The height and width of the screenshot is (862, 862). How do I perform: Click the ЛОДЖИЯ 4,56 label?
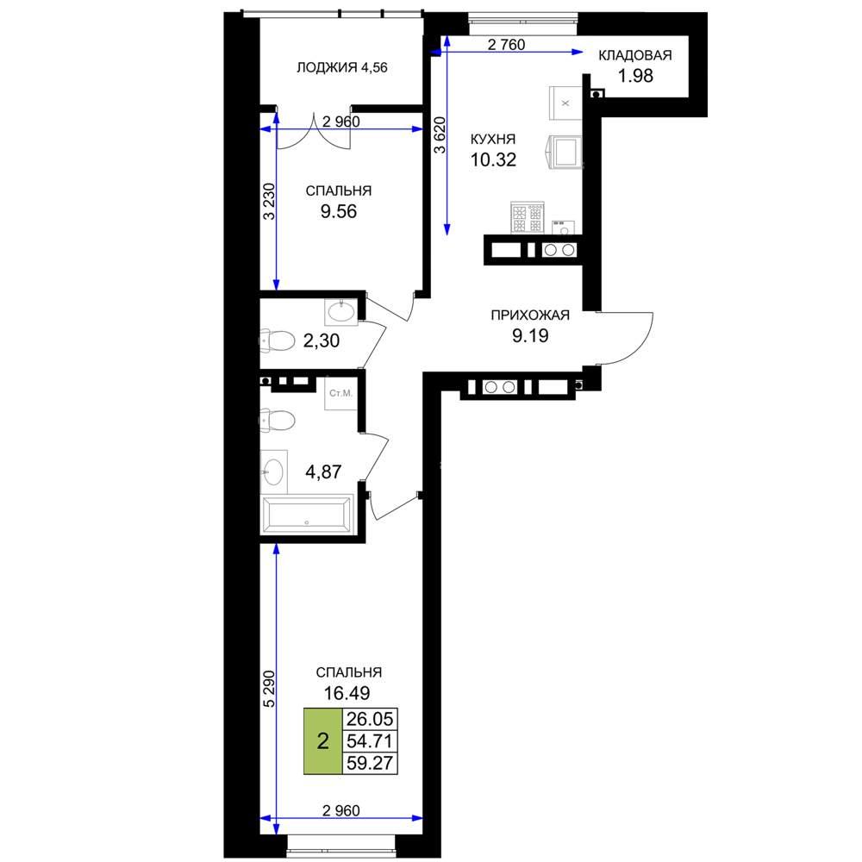[x=342, y=67]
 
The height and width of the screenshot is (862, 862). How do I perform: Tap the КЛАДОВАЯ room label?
[x=635, y=55]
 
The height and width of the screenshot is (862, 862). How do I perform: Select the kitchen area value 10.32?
[x=493, y=159]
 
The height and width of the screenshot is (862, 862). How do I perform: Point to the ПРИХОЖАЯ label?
[x=530, y=315]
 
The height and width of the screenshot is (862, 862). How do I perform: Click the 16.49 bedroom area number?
[x=347, y=693]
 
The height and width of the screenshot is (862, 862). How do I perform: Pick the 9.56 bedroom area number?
[x=339, y=211]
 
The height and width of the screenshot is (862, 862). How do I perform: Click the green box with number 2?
[x=323, y=741]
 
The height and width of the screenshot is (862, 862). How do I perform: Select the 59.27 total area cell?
[x=370, y=763]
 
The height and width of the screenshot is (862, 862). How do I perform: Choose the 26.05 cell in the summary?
[x=370, y=719]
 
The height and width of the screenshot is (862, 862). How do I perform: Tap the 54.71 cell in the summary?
[x=370, y=741]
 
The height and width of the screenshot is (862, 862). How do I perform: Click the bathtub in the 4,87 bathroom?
[x=308, y=515]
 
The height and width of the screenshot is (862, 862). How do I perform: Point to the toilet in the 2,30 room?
[x=278, y=340]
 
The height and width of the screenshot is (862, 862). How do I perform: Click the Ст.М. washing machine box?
[x=340, y=393]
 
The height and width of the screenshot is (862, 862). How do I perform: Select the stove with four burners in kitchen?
[x=528, y=218]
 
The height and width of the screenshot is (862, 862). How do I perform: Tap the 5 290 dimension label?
[x=269, y=689]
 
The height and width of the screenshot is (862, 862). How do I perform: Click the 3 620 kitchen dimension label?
[x=440, y=134]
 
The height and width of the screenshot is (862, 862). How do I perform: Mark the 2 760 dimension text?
[x=506, y=45]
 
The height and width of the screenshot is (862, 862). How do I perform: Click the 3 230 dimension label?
[x=269, y=202]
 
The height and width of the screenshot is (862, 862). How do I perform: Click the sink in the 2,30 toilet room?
[x=341, y=312]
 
